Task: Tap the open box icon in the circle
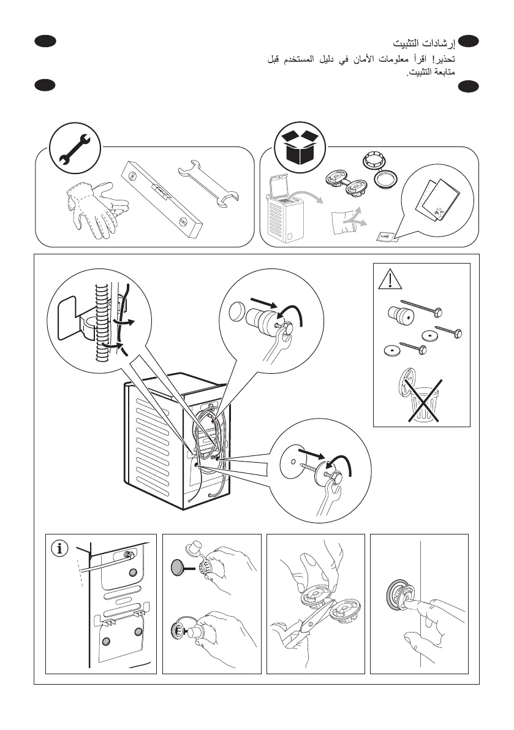[300, 148]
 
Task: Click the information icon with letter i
[59, 549]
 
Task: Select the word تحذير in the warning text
[444, 59]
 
